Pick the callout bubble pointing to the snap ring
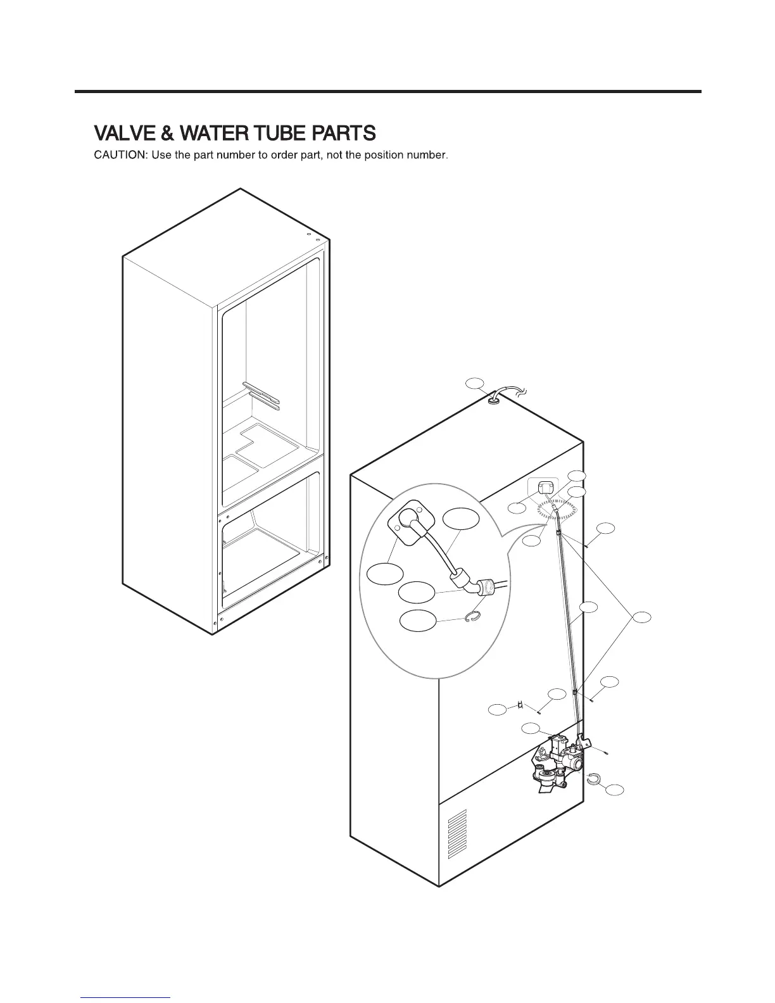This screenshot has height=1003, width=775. (418, 621)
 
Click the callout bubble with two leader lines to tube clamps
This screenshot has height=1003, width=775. (643, 621)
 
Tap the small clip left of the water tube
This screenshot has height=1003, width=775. (520, 705)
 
